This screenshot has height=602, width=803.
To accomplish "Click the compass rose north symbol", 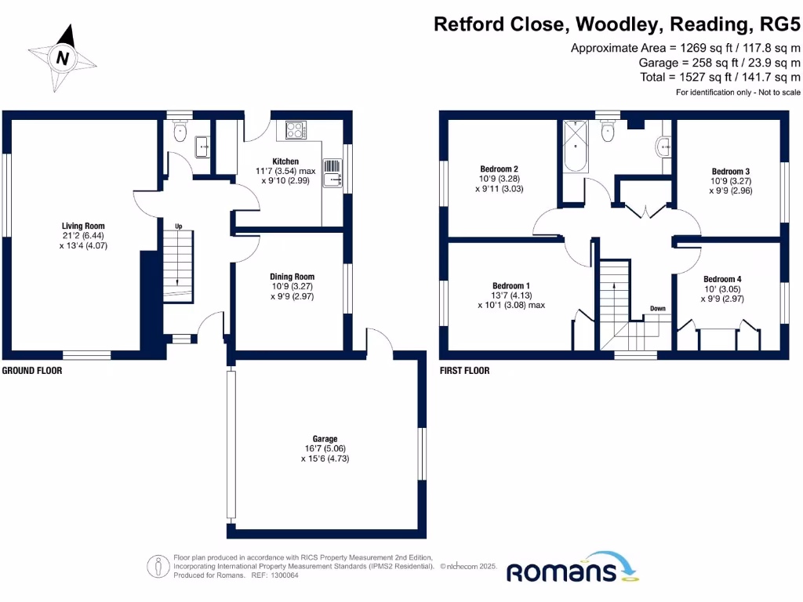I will pos(64,56).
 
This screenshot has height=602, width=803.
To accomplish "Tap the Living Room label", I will pos(83,227).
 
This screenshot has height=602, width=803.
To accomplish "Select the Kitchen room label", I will pos(285,161).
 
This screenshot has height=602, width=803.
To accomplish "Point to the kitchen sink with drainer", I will pos(332,172).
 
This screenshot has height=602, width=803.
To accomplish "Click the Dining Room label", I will pos(292,277).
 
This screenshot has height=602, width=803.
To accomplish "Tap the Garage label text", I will pos(325,439).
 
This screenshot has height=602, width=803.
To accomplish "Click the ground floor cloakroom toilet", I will pos(180,131).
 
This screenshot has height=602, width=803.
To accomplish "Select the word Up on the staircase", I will pos(179,227).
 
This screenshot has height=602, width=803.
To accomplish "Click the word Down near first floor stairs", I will pos(657,308).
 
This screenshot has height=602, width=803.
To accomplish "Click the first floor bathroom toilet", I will pos(607,133).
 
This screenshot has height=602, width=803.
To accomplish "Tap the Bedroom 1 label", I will pos(511,285).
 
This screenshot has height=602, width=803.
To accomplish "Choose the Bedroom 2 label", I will pos(499,169).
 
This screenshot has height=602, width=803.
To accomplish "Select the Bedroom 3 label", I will pos(731,171).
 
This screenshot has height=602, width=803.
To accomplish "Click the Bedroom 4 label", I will pos(722,279).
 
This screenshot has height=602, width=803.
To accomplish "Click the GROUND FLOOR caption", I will pos(32,371).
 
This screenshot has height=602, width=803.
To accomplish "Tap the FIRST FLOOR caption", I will pos(464,371).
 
